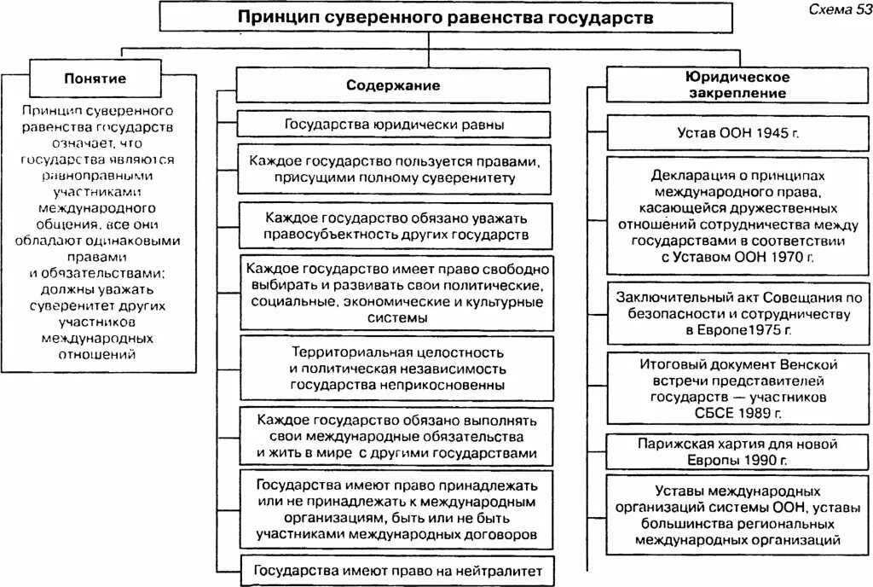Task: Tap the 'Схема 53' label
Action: coord(835,10)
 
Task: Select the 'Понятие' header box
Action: coord(95,78)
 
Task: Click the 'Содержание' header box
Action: coord(393,85)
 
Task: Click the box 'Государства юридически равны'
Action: coord(393,125)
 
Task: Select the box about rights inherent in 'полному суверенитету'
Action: coord(393,169)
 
